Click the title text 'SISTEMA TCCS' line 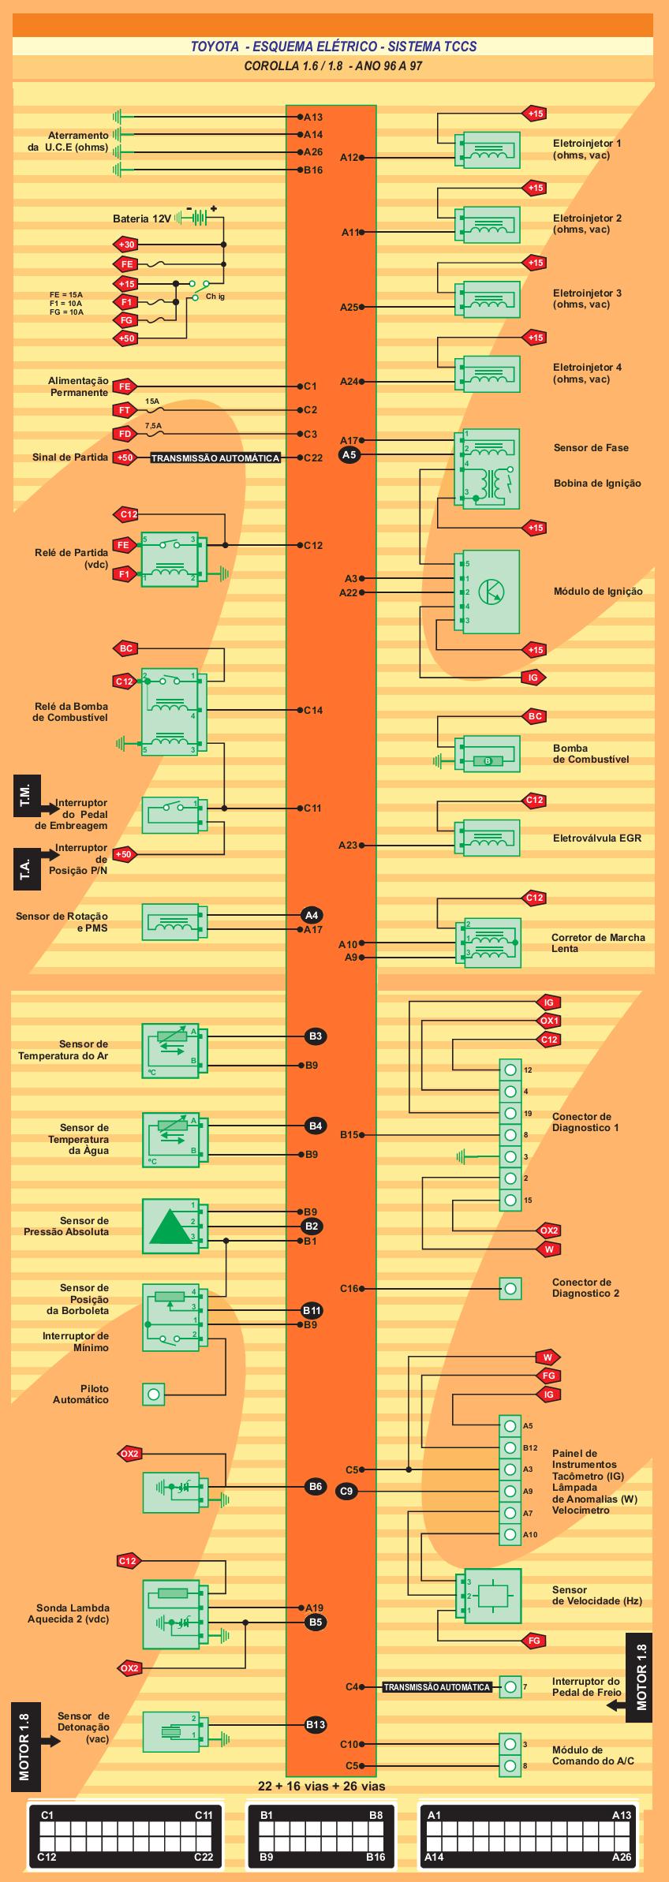pyautogui.click(x=334, y=47)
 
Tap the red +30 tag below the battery pyautogui.click(x=126, y=245)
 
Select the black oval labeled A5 pyautogui.click(x=349, y=454)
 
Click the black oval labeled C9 pyautogui.click(x=347, y=1491)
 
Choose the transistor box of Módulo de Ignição pyautogui.click(x=488, y=592)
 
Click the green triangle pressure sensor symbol pyautogui.click(x=170, y=1226)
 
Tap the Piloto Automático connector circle pyautogui.click(x=153, y=1394)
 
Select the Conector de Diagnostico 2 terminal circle pyautogui.click(x=511, y=1289)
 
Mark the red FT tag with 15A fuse pyautogui.click(x=125, y=410)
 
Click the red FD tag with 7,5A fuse pyautogui.click(x=125, y=434)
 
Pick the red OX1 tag pyautogui.click(x=549, y=1021)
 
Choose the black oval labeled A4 pyautogui.click(x=312, y=915)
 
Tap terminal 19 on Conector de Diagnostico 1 pyautogui.click(x=510, y=1113)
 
